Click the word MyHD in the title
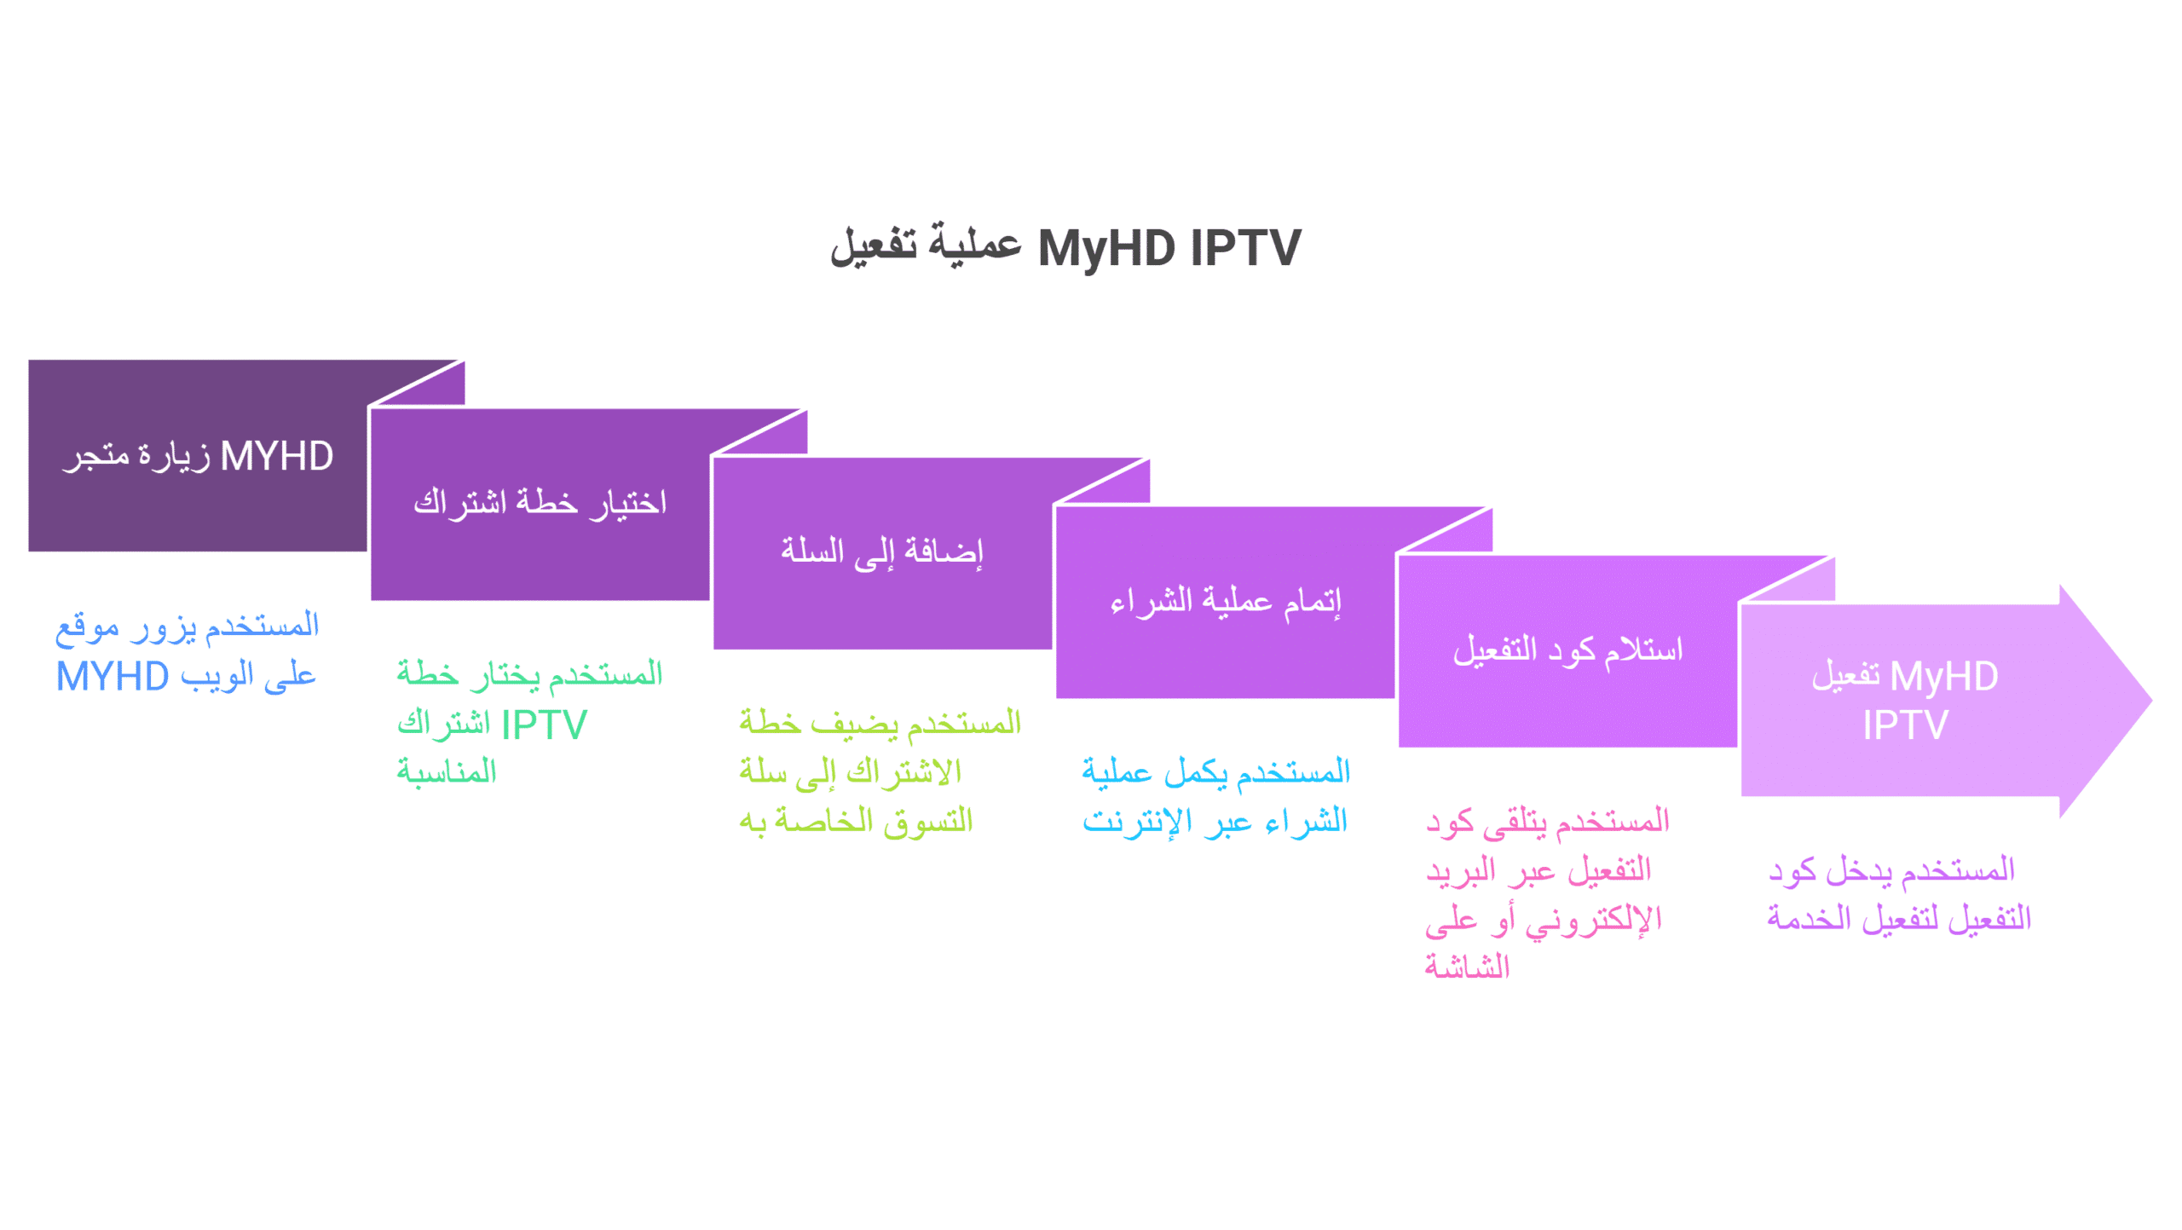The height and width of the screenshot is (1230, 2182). click(1106, 248)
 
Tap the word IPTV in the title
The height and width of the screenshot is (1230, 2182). click(1246, 248)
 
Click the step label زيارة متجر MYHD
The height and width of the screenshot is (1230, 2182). click(198, 456)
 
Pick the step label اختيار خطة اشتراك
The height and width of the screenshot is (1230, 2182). click(540, 503)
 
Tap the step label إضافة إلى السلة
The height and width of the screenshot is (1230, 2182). click(882, 552)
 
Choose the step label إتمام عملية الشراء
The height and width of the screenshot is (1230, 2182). click(1226, 601)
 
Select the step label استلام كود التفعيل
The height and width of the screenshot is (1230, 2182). click(1568, 650)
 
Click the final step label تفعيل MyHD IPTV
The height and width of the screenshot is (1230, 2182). click(1906, 701)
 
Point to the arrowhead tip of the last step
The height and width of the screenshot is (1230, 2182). click(2152, 701)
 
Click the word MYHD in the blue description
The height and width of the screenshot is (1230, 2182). click(113, 677)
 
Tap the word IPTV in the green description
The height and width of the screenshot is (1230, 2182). click(544, 725)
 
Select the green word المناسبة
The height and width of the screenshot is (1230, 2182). click(447, 772)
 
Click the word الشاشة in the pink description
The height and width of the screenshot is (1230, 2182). click(1467, 967)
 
